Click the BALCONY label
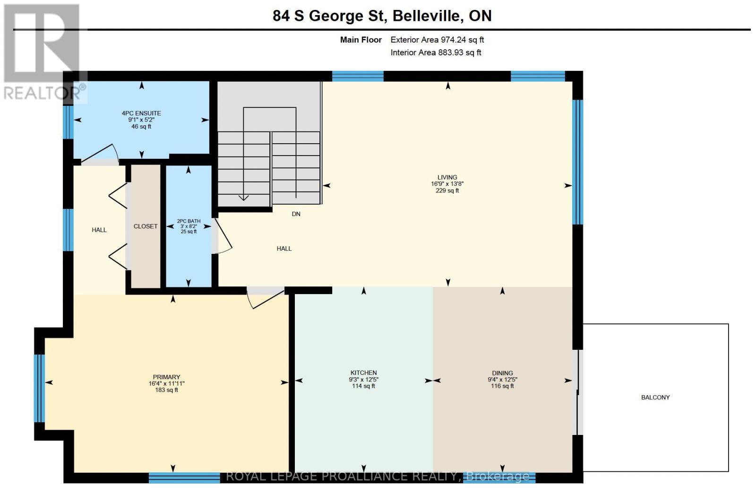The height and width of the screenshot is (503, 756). click(655, 398)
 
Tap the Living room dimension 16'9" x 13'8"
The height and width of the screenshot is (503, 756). click(447, 184)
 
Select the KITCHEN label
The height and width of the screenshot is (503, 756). click(363, 373)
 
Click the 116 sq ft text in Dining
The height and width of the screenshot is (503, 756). click(502, 386)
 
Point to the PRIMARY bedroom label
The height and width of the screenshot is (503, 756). click(166, 377)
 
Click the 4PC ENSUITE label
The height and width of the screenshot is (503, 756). click(141, 113)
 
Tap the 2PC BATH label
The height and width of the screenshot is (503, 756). click(189, 221)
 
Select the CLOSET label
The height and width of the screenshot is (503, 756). click(146, 226)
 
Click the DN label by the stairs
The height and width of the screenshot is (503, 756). click(296, 214)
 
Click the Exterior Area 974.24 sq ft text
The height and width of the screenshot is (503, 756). click(437, 40)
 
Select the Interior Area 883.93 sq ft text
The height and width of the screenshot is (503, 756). click(436, 53)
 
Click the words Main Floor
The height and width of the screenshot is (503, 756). click(361, 40)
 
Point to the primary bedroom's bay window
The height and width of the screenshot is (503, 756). click(40, 388)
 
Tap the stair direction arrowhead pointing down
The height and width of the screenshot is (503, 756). click(243, 198)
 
